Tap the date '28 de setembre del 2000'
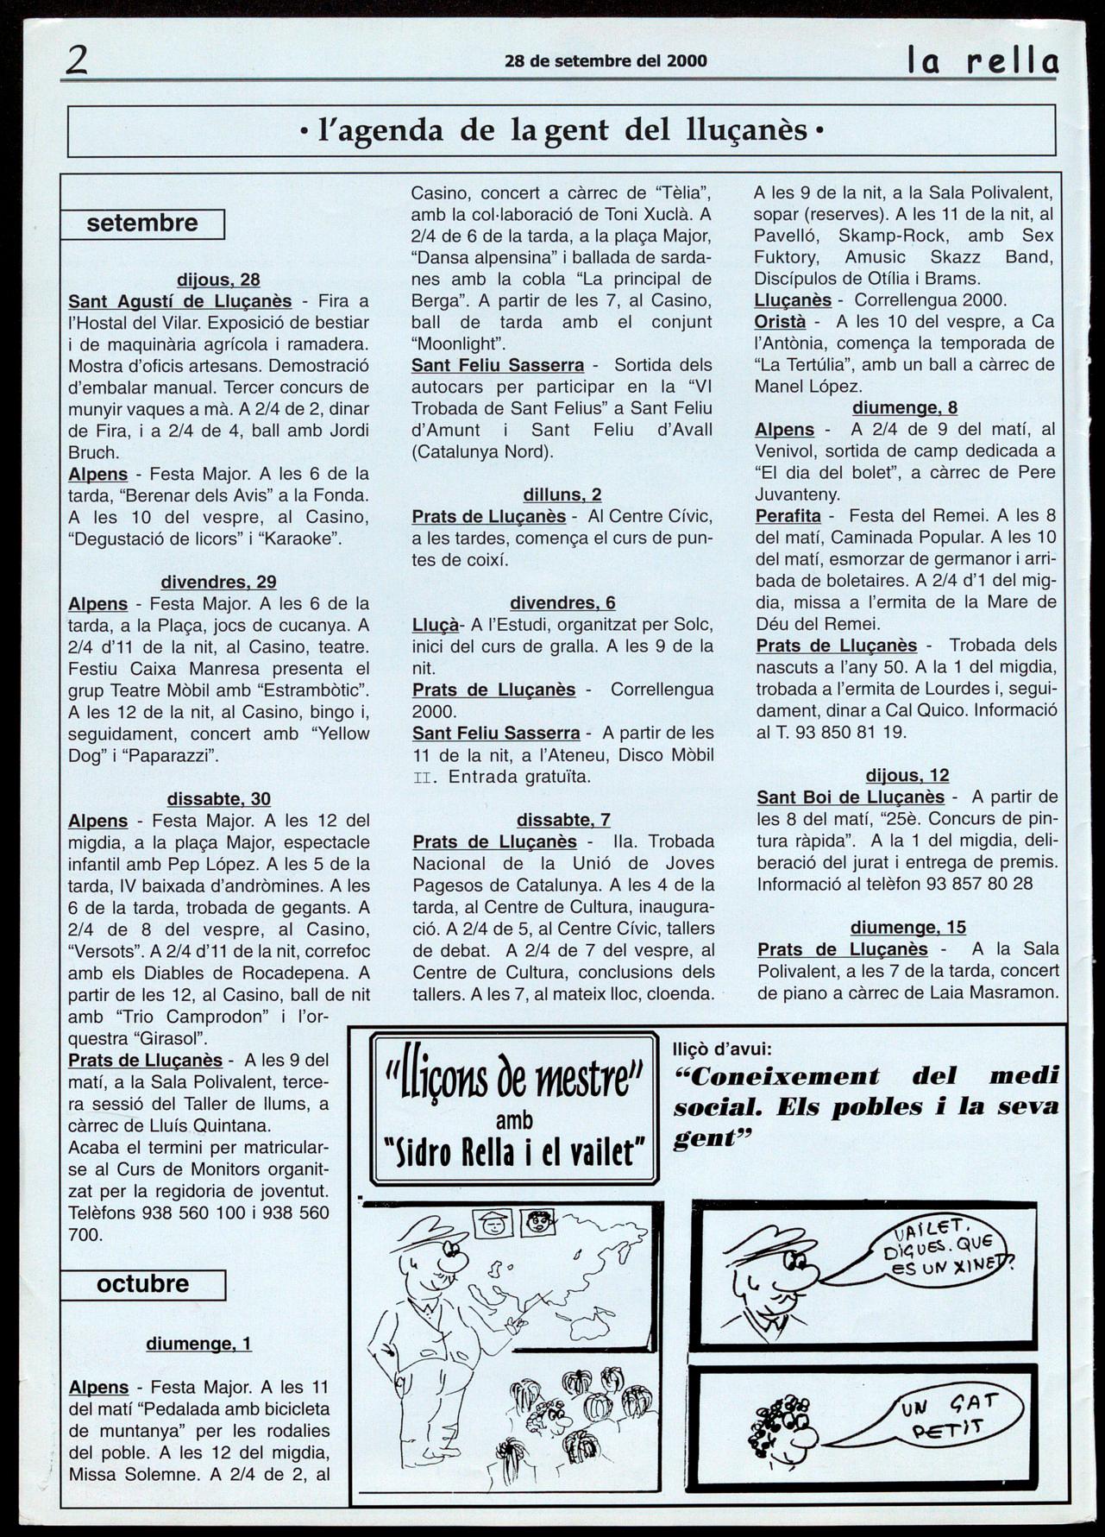coord(606,61)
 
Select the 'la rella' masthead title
coord(982,61)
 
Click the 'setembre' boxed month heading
coord(142,224)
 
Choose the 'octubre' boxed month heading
coord(142,1283)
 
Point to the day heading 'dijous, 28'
coord(218,280)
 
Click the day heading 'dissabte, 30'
coord(218,799)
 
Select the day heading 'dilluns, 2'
coord(562,494)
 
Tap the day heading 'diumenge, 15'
coord(907,928)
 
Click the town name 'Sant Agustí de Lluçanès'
coord(180,301)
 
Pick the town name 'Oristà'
coord(780,321)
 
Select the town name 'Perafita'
coord(788,516)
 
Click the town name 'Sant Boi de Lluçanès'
coord(851,797)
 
